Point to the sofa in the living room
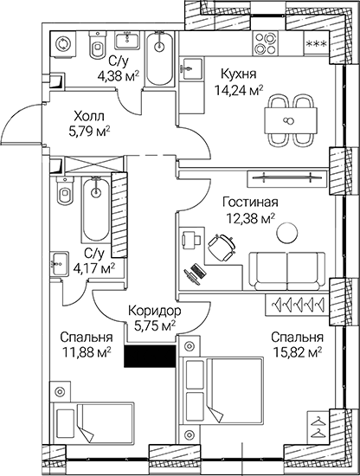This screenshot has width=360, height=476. (x=286, y=262)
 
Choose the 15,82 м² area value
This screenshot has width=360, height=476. (x=297, y=351)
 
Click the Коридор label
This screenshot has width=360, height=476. (x=153, y=310)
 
